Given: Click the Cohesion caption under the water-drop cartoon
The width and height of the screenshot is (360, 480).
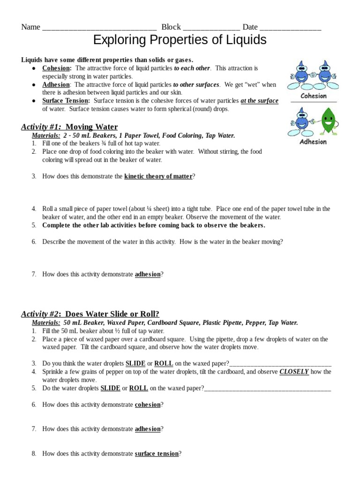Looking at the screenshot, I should (314, 96).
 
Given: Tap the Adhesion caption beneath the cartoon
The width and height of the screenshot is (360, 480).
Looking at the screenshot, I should (313, 142).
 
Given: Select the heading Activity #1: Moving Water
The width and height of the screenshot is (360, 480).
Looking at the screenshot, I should (69, 127).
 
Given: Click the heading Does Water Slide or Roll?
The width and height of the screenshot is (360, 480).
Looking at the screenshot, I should (112, 314).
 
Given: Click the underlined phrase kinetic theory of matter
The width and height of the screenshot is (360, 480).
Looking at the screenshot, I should (158, 176).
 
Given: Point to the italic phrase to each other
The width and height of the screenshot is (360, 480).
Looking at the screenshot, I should (192, 68).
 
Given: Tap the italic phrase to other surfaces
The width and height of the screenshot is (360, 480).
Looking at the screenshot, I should (196, 85).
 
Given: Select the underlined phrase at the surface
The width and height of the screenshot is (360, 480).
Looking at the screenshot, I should (259, 101).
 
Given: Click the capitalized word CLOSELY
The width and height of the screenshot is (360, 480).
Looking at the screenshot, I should (294, 372).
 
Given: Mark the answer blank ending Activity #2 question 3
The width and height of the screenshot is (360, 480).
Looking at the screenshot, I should (280, 364).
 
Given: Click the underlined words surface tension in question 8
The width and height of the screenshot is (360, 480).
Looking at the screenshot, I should (157, 454).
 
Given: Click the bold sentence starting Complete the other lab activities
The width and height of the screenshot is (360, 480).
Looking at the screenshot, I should (153, 225).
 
